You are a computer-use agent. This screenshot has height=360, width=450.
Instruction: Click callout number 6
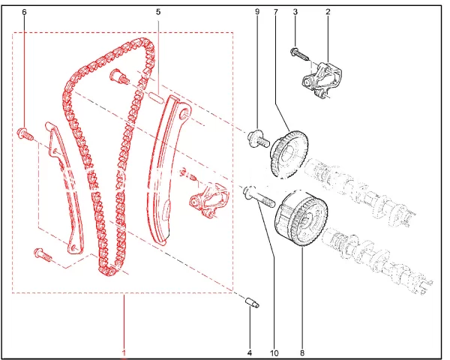coord(24,12)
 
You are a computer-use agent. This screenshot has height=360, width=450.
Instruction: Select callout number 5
coord(158,12)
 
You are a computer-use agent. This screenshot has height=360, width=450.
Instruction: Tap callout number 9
coord(257,12)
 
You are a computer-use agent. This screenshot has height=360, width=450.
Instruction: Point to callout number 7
coord(276,12)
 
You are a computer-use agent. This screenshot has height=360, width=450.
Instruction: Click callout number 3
coord(295,12)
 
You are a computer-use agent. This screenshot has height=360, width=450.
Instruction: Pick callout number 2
coord(328,12)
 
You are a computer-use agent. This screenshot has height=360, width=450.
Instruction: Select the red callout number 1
coord(124,352)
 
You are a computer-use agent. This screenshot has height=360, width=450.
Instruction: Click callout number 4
coord(250,352)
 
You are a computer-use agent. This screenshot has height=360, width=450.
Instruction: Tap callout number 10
coord(274,352)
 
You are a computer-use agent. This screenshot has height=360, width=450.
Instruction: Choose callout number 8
coord(302,352)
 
